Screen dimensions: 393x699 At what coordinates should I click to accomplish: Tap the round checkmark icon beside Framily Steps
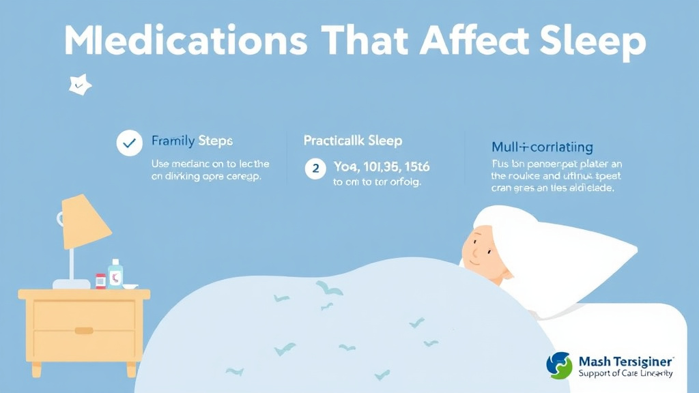129,143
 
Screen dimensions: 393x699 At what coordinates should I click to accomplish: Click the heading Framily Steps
192,141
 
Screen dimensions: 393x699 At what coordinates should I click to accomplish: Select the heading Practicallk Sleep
352,141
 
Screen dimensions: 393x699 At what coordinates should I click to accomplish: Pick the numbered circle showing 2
315,167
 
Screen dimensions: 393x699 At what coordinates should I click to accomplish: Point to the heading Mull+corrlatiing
542,147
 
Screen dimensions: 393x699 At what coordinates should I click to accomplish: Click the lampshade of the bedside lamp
86,221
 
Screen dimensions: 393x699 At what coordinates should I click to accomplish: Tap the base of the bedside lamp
72,283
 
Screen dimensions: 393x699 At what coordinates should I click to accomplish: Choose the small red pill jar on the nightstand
100,280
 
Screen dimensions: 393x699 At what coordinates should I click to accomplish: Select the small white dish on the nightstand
130,286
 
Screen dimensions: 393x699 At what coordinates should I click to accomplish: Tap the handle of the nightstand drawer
84,330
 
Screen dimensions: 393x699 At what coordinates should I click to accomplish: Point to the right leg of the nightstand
132,369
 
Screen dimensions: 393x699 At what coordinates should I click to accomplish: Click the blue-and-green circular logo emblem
559,366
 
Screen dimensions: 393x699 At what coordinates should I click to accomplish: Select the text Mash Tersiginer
626,362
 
